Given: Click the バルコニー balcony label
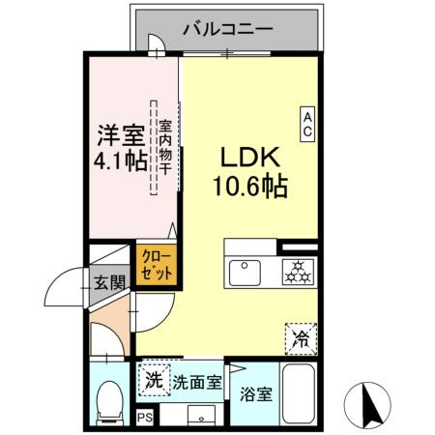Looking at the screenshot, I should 228,30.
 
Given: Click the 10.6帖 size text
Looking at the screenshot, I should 249,186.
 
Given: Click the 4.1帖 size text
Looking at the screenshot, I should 121,160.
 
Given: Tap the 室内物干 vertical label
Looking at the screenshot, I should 165,147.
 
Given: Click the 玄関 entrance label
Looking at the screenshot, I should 109,284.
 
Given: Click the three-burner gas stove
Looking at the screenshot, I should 297,272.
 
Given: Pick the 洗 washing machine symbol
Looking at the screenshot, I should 153,380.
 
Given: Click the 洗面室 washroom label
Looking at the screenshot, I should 196,382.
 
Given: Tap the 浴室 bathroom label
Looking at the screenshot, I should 256,394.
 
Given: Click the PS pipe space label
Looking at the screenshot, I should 145,418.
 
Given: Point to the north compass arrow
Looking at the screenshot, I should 367,403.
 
